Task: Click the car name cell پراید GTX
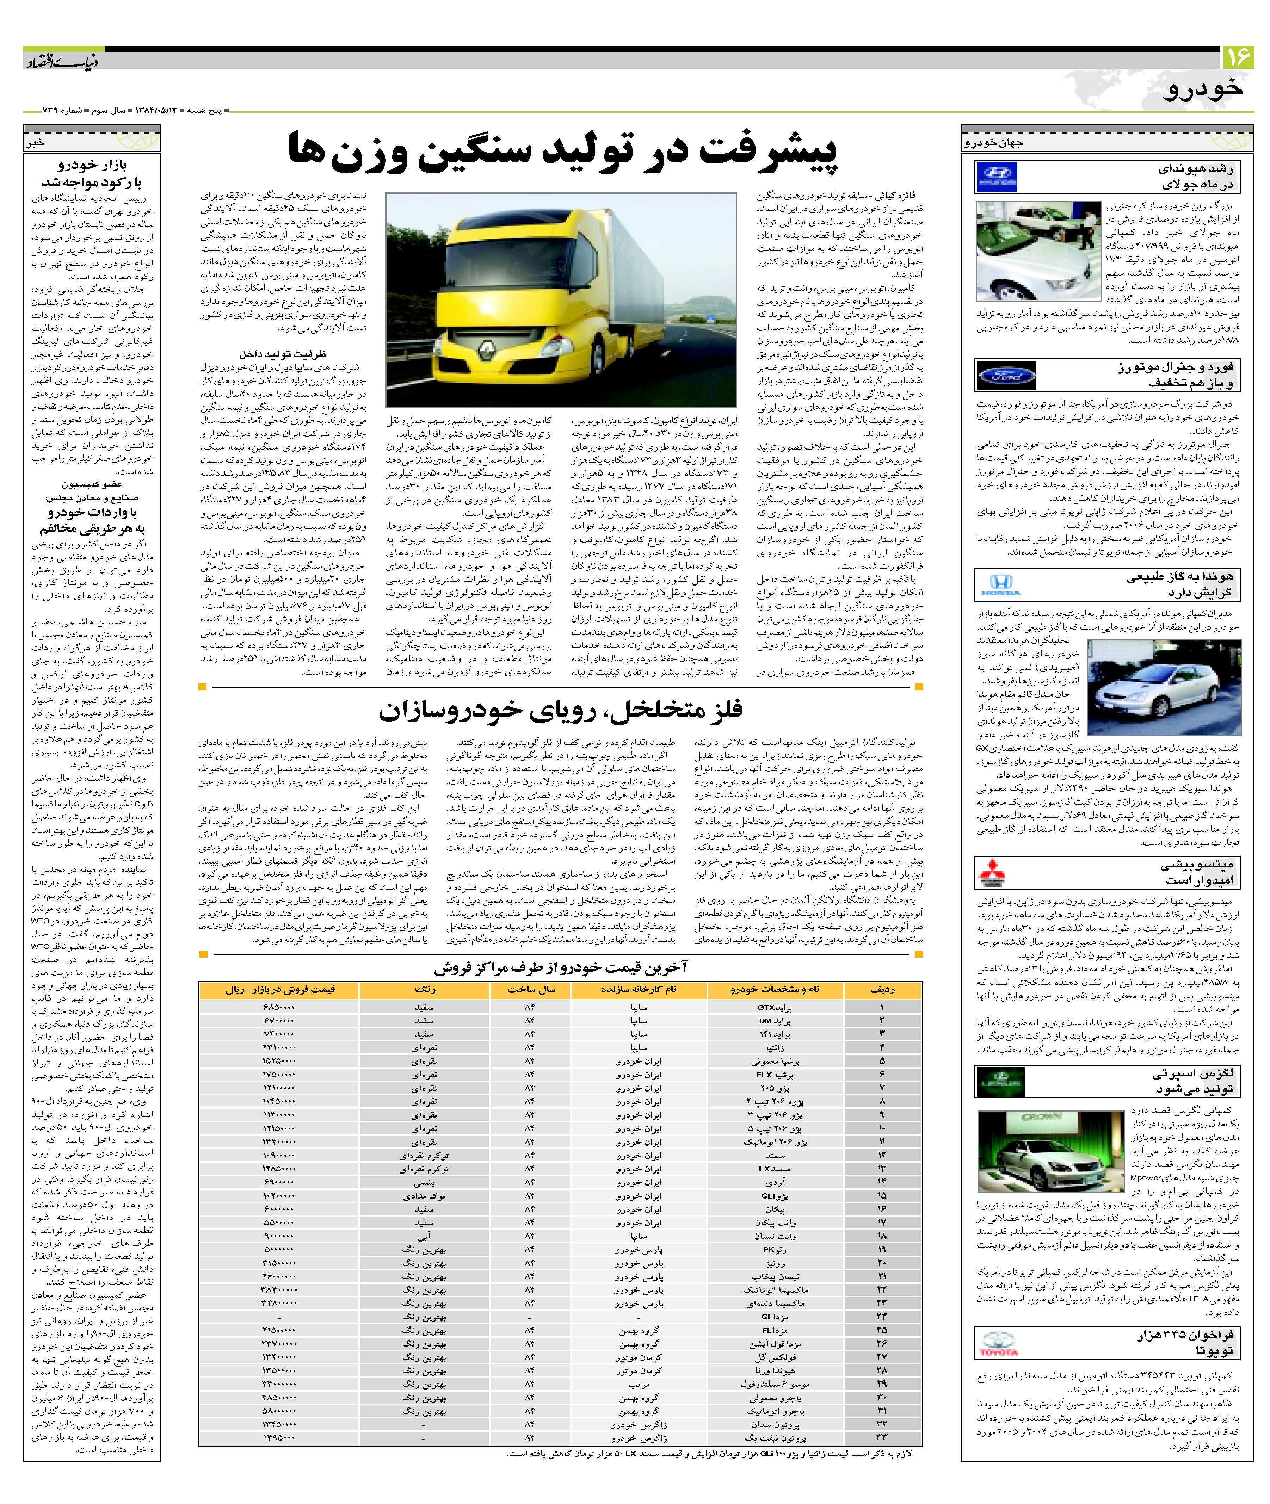pyautogui.click(x=774, y=1008)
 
